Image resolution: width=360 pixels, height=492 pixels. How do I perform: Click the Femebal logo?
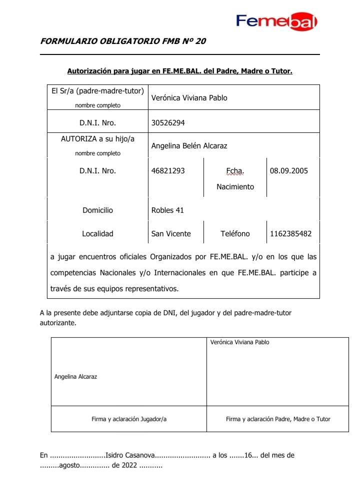point(276,20)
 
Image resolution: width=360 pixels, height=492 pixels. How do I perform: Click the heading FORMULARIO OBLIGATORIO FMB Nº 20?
point(123,41)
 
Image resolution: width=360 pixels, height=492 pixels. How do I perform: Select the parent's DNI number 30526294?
point(168,121)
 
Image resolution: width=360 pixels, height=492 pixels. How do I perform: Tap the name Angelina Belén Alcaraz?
point(189,146)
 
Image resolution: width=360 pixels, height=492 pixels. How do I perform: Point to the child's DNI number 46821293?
point(168,171)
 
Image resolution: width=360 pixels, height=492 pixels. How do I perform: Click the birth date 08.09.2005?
point(288,171)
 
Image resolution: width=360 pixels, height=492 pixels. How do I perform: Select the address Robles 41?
point(167,210)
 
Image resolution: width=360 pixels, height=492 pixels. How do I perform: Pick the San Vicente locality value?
point(171,234)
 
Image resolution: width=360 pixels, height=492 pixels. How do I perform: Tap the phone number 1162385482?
point(290,234)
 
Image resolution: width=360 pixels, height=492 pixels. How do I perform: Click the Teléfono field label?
point(235,234)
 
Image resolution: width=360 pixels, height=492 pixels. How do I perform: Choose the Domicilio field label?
point(97,210)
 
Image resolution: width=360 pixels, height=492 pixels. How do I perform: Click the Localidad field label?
point(97,234)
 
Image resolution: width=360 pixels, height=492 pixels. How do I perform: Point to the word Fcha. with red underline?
point(235,171)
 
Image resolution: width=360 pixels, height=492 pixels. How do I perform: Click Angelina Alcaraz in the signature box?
point(75,377)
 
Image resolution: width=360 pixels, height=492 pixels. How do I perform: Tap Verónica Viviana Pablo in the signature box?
point(240,343)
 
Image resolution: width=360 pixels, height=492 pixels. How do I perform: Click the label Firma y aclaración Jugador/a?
point(129,419)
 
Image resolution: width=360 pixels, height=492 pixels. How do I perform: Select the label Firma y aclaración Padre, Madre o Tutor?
point(278,419)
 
